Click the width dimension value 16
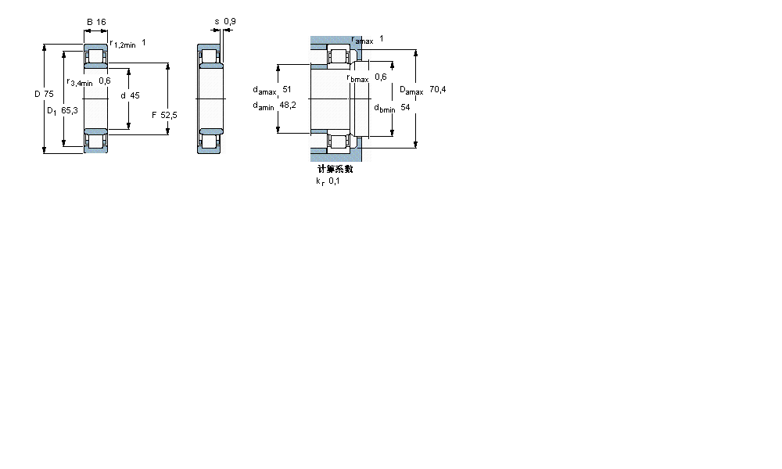pyautogui.click(x=101, y=22)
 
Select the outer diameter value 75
pyautogui.click(x=48, y=94)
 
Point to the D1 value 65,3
pyautogui.click(x=69, y=110)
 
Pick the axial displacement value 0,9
pyautogui.click(x=229, y=21)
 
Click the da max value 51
pyautogui.click(x=287, y=90)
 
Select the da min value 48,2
pyautogui.click(x=287, y=106)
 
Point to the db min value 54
pyautogui.click(x=405, y=107)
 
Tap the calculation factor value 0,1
pyautogui.click(x=334, y=181)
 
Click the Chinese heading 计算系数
pyautogui.click(x=335, y=169)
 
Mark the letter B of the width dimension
pyautogui.click(x=89, y=22)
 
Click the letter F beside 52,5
pyautogui.click(x=154, y=115)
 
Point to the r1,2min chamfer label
pyautogui.click(x=123, y=45)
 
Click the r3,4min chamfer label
pyautogui.click(x=80, y=82)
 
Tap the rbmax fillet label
pyautogui.click(x=357, y=77)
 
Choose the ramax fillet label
pyautogui.click(x=362, y=40)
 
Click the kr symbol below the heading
pyautogui.click(x=319, y=181)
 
